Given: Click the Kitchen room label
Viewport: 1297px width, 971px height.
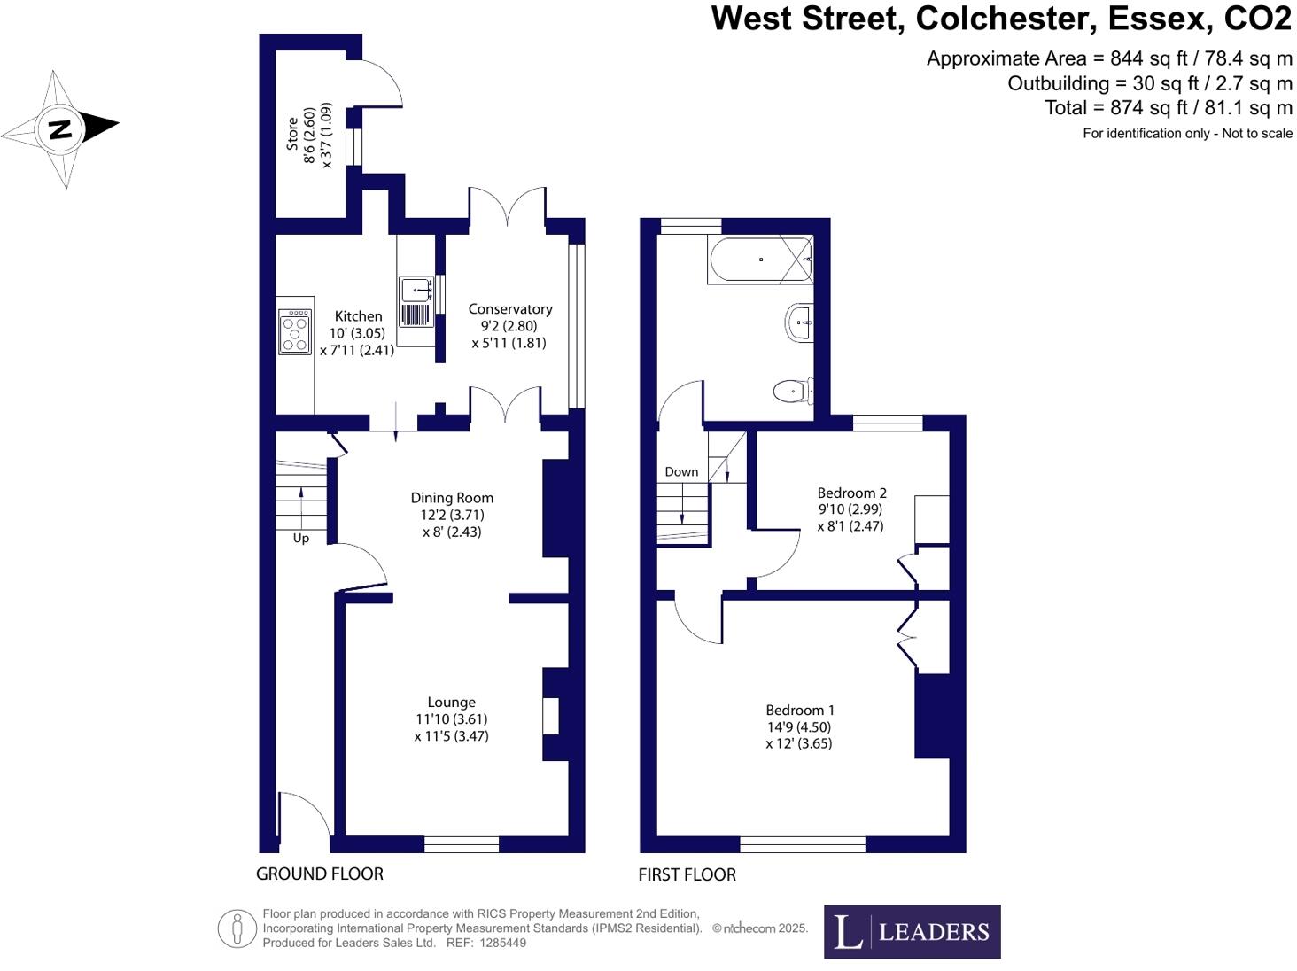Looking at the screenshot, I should pos(358,316).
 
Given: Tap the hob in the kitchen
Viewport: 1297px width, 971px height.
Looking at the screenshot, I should pos(295,331).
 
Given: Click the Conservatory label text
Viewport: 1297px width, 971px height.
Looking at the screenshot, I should pos(510,309).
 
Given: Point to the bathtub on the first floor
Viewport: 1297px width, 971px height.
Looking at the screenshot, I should pos(760,260).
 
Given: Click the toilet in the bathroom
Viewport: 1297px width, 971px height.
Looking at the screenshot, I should pos(792,390).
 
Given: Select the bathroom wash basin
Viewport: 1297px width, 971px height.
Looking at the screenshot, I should pos(798,323).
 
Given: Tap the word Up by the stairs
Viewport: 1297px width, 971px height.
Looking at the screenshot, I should pos(301,539).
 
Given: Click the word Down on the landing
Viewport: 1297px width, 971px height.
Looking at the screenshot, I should pos(681,472).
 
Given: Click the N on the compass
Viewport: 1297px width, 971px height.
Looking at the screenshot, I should pos(59,129).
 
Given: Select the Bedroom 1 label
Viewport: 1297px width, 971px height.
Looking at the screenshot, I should pos(800,710).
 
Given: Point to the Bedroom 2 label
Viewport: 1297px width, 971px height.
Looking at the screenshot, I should pos(851,493).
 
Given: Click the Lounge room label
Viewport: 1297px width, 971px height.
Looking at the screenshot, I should pos(451,703).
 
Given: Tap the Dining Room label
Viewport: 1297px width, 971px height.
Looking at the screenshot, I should pos(452,498).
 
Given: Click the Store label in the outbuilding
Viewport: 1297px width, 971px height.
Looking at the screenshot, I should pos(292,134).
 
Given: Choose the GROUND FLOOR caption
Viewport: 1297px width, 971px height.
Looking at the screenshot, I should pos(320,874).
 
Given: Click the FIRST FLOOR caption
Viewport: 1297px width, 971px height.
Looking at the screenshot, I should pos(687,874).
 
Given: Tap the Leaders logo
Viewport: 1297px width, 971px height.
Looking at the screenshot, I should pos(912,931).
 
